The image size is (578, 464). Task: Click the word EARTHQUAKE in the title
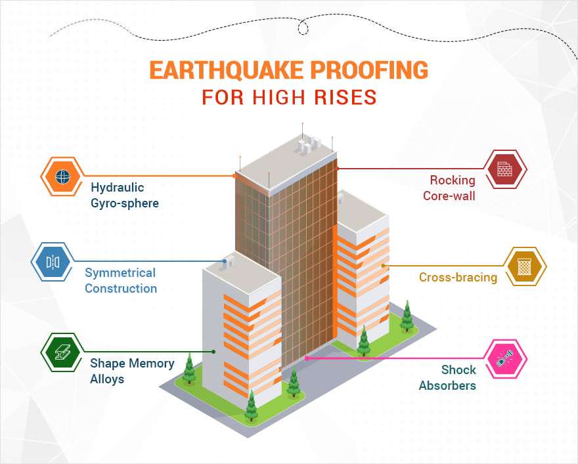click(x=227, y=70)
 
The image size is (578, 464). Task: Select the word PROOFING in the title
click(x=369, y=70)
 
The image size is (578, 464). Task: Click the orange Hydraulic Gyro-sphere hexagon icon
click(x=62, y=177)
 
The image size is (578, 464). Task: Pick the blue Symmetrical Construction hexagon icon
click(x=53, y=262)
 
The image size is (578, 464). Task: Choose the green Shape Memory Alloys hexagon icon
click(x=62, y=352)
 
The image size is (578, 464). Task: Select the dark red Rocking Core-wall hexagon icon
click(x=505, y=169)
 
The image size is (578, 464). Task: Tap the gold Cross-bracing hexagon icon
click(x=525, y=266)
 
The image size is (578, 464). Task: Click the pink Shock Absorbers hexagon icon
click(x=505, y=359)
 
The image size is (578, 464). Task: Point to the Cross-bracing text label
click(x=458, y=278)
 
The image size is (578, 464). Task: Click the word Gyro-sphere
click(x=125, y=203)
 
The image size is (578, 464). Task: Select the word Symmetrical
click(x=120, y=273)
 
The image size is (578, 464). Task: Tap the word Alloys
click(x=107, y=379)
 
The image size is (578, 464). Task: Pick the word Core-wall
click(x=449, y=196)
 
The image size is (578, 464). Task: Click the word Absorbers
click(x=447, y=385)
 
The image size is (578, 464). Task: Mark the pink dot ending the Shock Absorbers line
click(x=306, y=358)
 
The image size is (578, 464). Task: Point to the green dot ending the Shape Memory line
click(x=213, y=352)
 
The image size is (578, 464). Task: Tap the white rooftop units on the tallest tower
click(x=308, y=144)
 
